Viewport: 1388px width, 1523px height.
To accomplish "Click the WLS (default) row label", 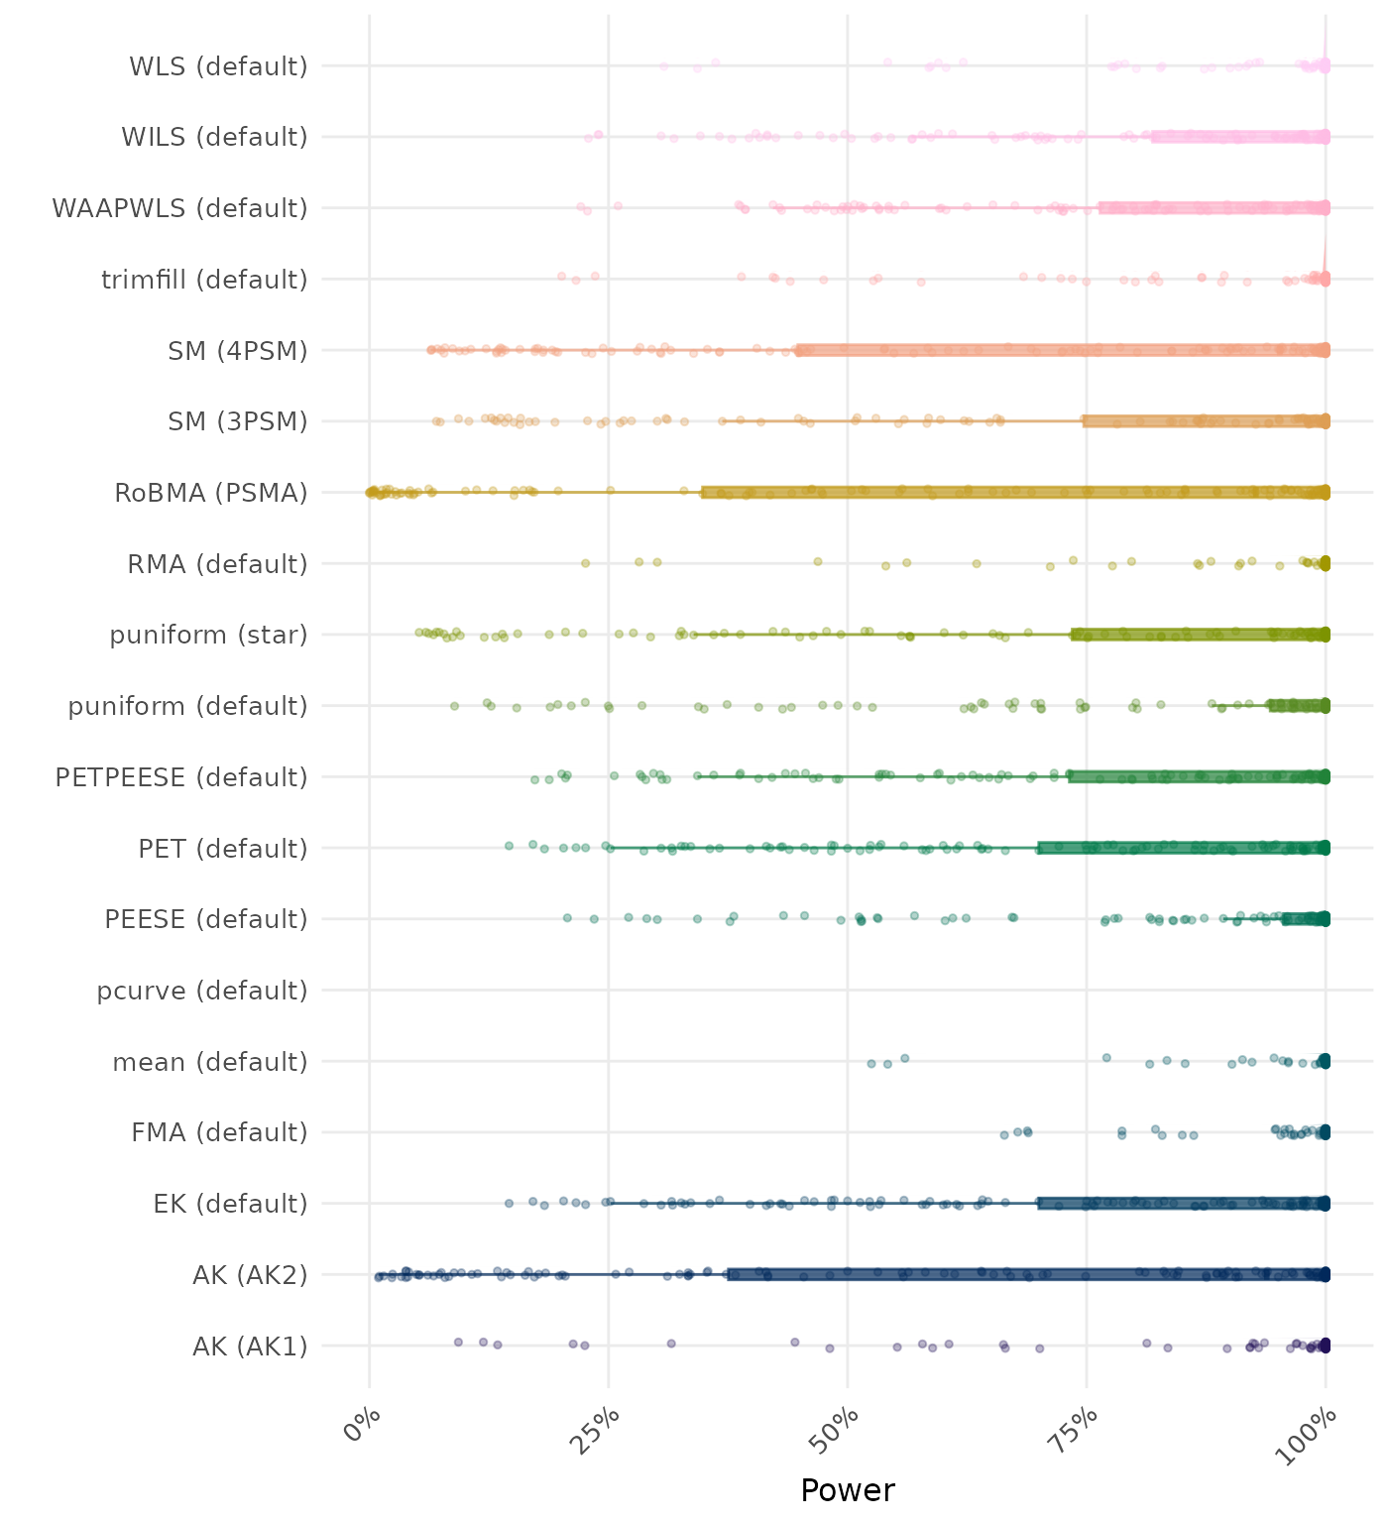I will point(218,66).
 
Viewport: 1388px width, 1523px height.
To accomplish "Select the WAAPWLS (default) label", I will point(179,208).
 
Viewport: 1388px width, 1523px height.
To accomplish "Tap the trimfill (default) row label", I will point(204,280).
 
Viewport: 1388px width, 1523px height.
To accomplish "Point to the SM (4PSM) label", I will point(238,351).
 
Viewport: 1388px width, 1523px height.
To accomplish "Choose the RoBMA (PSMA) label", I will point(211,493).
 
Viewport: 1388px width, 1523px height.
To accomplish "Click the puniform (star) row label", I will point(208,635).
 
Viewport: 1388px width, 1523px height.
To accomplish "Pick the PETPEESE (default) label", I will point(181,777).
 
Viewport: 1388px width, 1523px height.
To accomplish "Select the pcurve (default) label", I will point(202,991).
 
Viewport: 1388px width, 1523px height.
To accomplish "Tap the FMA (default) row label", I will point(219,1132).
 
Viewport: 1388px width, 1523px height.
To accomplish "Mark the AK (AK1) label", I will point(250,1347).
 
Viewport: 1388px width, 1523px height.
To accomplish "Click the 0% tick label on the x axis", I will point(363,1428).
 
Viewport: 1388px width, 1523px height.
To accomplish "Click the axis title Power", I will point(848,1490).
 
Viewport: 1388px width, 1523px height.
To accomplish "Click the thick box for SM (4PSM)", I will point(1061,350).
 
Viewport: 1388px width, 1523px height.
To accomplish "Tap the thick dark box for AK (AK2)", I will point(1027,1274).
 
